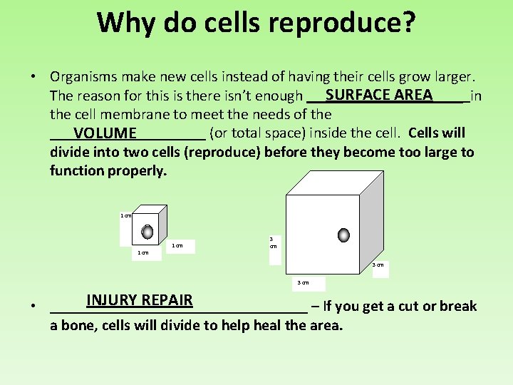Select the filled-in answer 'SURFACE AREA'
(x=378, y=95)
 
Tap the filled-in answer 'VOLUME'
(x=105, y=133)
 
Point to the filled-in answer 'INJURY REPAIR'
(x=140, y=300)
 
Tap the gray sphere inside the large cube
(x=343, y=235)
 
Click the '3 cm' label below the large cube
(x=303, y=282)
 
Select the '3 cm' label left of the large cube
(x=273, y=242)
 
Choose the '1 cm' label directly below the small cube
(x=143, y=252)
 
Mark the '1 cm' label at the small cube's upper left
(x=125, y=215)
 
